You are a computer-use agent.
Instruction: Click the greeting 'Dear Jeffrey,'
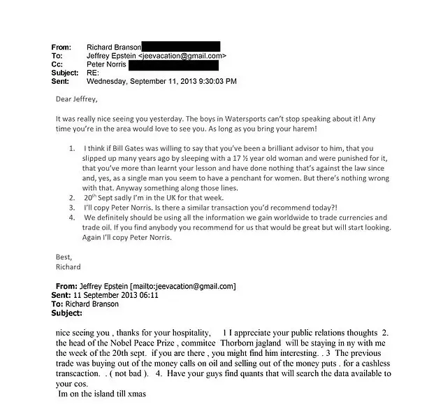click(77, 98)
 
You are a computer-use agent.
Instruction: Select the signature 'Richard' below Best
click(68, 266)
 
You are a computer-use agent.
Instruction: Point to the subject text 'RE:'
click(93, 73)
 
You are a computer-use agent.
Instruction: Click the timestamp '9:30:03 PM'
click(213, 82)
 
